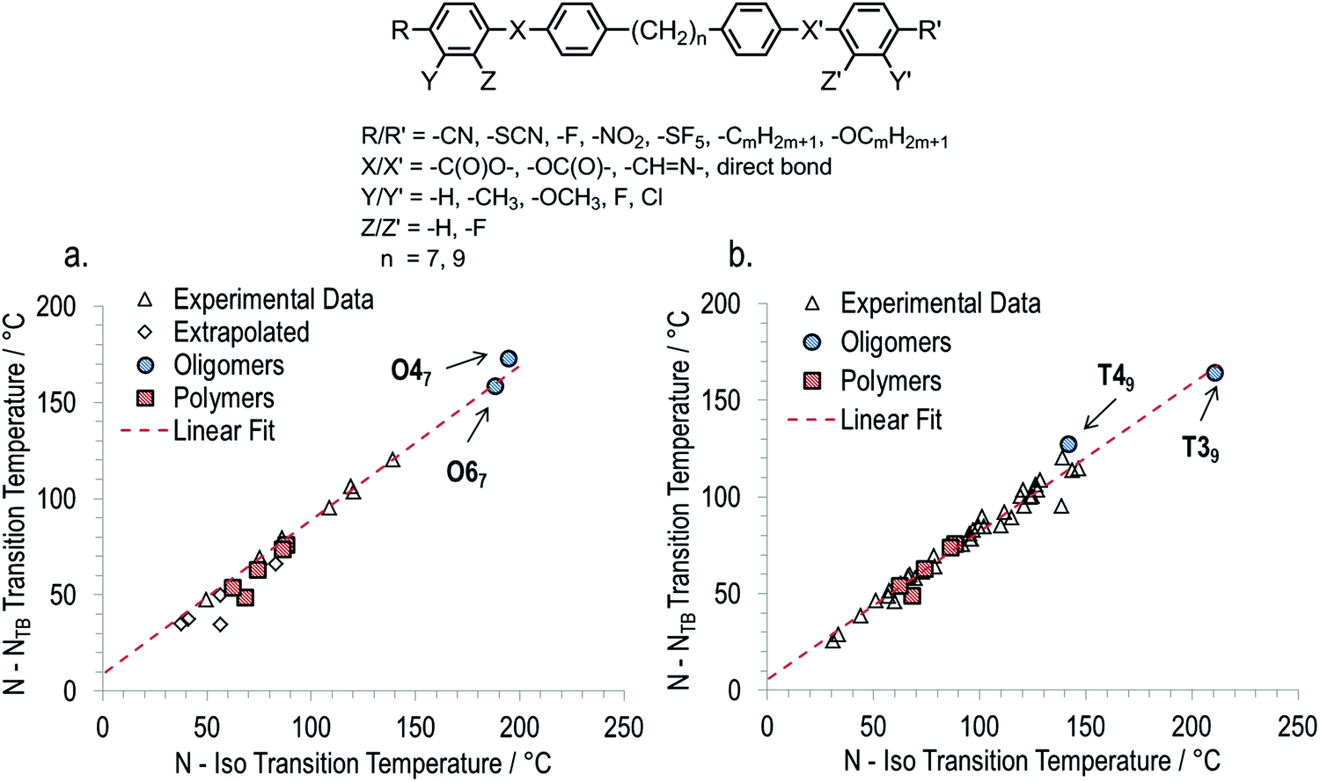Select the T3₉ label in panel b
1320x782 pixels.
pos(1200,451)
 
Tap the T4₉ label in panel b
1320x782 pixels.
pos(1115,379)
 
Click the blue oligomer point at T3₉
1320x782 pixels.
pos(1214,373)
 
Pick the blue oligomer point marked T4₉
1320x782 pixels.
pos(1068,444)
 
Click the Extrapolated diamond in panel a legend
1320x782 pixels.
pos(147,333)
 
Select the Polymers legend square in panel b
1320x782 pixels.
pos(813,381)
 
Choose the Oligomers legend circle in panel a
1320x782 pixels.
pos(147,365)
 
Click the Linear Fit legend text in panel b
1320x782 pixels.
pos(891,420)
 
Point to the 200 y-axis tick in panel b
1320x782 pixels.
pos(722,303)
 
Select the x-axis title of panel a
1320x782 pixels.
pos(363,762)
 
